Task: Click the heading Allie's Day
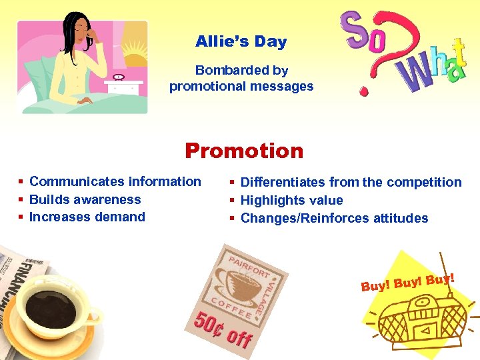(x=241, y=41)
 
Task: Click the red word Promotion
(x=244, y=151)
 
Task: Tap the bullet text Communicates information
(x=115, y=181)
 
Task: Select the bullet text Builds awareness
(x=85, y=199)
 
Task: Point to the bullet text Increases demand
(x=87, y=217)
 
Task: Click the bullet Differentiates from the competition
(x=351, y=182)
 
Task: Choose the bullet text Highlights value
(x=291, y=200)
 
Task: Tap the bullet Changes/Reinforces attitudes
(x=334, y=218)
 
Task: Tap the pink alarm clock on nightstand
(x=119, y=77)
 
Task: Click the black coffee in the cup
(x=53, y=307)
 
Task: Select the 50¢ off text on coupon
(x=223, y=328)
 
